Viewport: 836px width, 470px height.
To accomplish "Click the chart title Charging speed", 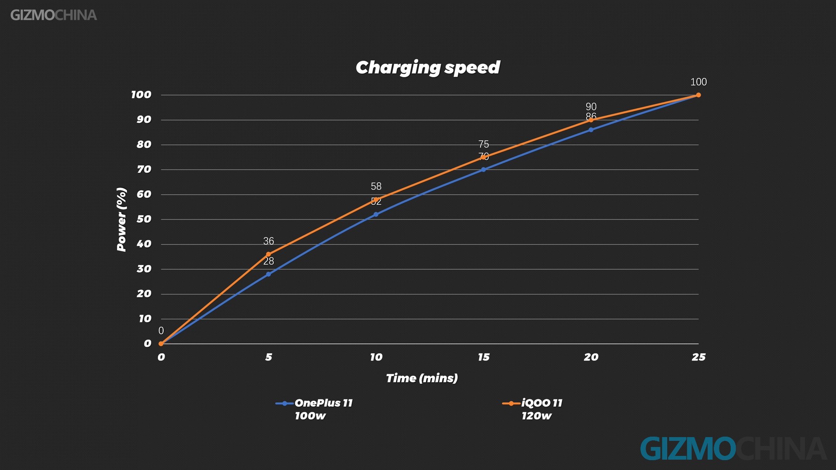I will coord(427,68).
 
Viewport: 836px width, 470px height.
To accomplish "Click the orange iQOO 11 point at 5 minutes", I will coord(268,254).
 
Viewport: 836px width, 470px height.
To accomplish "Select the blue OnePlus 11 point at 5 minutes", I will coord(268,274).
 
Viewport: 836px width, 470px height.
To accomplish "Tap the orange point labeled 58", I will coord(376,200).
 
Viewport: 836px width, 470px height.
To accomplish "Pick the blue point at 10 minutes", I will coord(376,214).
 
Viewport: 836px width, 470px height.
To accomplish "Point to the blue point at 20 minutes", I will coord(591,130).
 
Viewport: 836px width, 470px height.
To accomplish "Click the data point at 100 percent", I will coord(698,95).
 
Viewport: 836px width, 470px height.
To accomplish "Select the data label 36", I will coord(268,241).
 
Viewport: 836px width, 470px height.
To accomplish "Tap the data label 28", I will coord(268,261).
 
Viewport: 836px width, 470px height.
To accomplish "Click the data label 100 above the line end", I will coord(698,82).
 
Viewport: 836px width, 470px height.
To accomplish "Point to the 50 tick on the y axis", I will coord(144,219).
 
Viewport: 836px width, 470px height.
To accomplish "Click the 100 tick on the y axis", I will coord(141,95).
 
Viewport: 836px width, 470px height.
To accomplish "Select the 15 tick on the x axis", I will coord(483,357).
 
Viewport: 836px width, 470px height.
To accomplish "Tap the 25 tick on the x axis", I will coord(698,357).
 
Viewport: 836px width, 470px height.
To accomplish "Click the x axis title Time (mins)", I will coord(422,378).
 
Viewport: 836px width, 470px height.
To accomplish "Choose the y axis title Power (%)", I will coord(122,219).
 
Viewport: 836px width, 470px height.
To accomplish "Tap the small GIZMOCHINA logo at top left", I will coord(54,16).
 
